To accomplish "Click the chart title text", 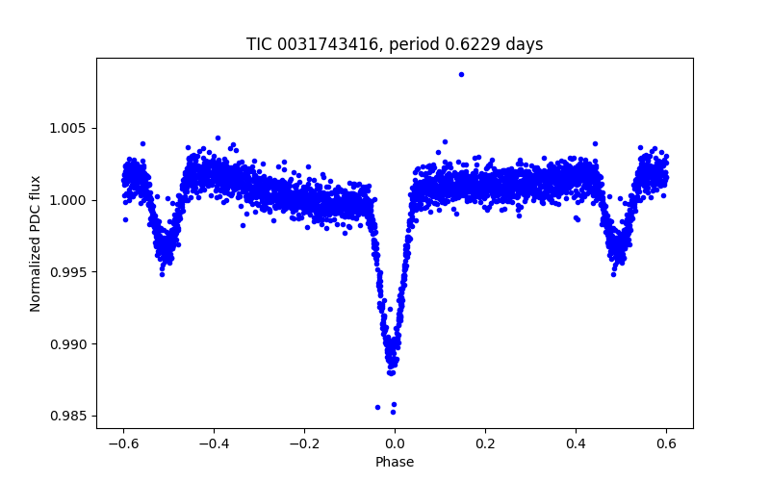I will (395, 44).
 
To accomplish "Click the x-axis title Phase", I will (395, 462).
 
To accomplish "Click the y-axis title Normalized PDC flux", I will (36, 243).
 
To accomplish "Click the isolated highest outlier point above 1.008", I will (461, 74).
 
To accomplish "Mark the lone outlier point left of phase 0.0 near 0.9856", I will (377, 407).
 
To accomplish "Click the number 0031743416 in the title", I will (329, 44).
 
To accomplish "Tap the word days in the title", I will (524, 44).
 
